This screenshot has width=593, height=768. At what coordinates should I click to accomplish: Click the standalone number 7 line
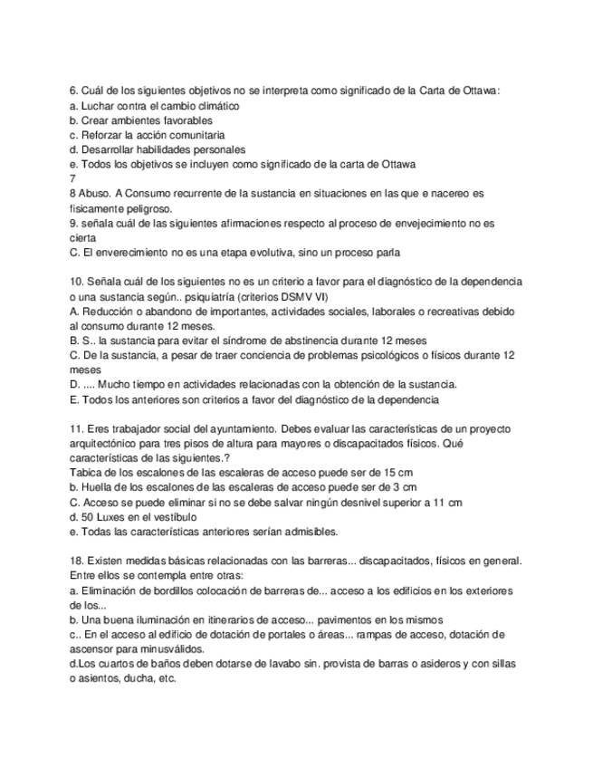72,178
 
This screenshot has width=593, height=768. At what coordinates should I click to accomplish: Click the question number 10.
75,282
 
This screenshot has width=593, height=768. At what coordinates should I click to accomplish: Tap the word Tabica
86,473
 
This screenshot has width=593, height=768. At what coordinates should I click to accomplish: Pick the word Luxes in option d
113,516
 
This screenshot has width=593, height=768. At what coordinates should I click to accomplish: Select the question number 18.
75,561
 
